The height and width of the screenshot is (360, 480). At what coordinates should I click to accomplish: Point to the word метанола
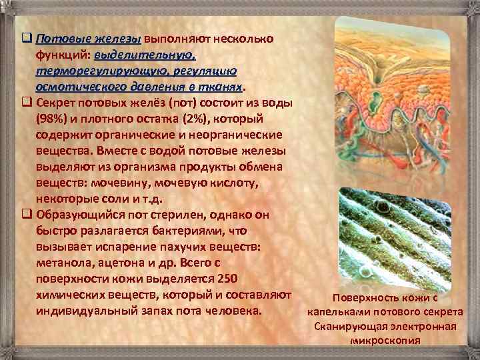(63, 263)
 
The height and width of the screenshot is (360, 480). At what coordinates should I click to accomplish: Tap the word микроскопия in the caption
(385, 340)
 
